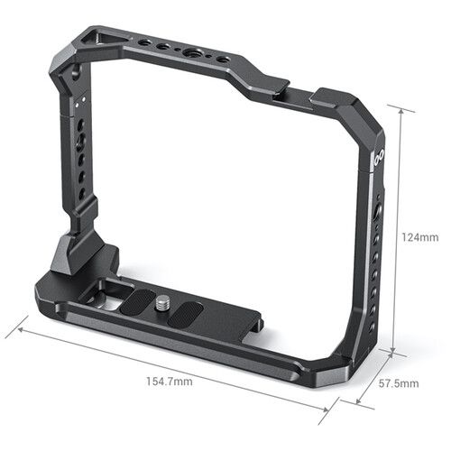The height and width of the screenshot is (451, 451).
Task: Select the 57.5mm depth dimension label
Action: coord(400,383)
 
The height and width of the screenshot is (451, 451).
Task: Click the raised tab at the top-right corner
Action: coord(338,94)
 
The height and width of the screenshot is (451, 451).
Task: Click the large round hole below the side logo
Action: coord(379,214)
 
